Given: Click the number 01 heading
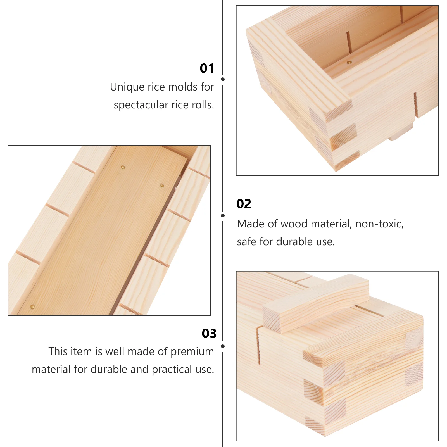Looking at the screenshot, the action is pos(207,68).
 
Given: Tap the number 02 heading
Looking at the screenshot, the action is pos(244,204).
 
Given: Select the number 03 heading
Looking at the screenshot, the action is pos(209,334).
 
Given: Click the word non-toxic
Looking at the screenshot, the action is pos(379,224).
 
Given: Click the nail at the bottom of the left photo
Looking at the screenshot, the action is pos(33,307).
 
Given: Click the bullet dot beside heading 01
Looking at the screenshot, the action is pos(223,79).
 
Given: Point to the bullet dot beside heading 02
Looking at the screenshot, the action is pos(223,215).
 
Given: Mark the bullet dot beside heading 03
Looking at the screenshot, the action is pos(223,346).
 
